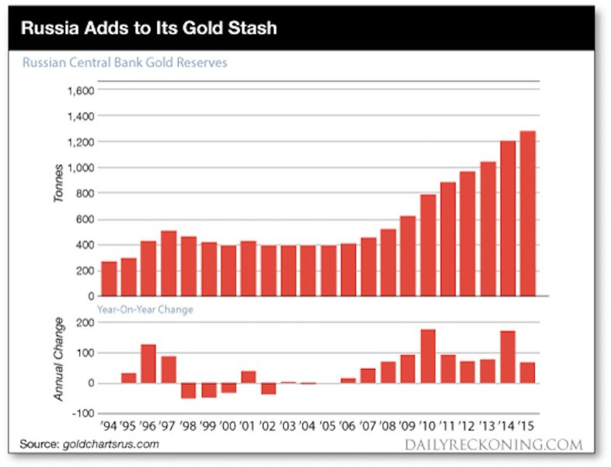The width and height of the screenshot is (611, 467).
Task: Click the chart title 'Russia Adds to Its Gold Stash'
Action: coord(149,28)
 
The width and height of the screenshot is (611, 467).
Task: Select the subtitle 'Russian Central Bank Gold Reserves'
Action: coord(125,63)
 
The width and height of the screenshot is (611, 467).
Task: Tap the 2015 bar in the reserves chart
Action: coord(528,214)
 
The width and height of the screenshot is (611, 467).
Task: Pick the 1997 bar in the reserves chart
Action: coord(169,263)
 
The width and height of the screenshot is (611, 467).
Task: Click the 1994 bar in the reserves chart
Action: coord(109,278)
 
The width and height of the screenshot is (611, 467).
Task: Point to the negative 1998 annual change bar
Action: coord(188,391)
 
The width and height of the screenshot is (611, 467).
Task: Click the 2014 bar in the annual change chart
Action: coord(508,357)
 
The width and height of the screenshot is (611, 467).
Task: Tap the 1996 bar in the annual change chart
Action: coord(148,364)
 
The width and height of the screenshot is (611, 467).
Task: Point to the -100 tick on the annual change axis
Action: coord(81,413)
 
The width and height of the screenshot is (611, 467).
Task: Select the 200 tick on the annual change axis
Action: coord(84,323)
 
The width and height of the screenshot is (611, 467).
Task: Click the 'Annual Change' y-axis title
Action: coord(59,358)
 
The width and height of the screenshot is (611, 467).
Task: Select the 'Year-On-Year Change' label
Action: coord(145,309)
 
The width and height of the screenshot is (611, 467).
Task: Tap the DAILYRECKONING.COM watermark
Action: coord(493,445)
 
